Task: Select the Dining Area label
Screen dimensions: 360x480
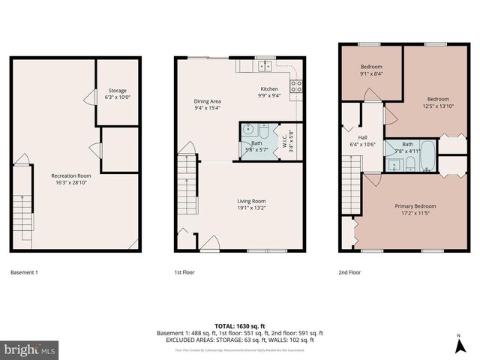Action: (x=208, y=103)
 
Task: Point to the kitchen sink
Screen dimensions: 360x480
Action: (x=265, y=66)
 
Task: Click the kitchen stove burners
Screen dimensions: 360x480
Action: (x=295, y=86)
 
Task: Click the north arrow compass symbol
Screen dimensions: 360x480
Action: (x=458, y=344)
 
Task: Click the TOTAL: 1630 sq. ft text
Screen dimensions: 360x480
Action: (x=240, y=325)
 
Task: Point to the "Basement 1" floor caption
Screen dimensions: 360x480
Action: (x=24, y=272)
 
